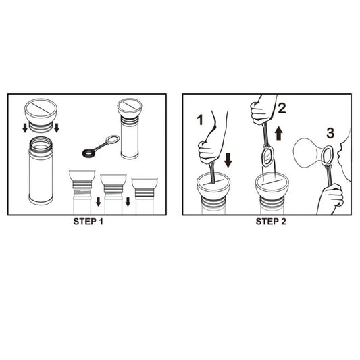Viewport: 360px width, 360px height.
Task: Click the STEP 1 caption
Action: [x=88, y=222]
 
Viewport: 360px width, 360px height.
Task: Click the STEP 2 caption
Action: [x=271, y=222]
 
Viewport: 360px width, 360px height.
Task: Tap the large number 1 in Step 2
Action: [x=200, y=120]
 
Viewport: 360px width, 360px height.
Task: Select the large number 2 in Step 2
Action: [x=282, y=108]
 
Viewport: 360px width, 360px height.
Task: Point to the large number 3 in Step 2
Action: [x=330, y=133]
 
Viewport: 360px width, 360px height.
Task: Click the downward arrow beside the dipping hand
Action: [x=228, y=161]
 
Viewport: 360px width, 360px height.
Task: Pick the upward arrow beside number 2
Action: [x=279, y=133]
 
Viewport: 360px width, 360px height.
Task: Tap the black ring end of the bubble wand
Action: [x=88, y=153]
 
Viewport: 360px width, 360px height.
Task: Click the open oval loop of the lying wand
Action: [x=113, y=140]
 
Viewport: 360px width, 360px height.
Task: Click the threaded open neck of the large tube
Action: [x=41, y=143]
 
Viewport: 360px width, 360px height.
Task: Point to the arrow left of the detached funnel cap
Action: [x=25, y=128]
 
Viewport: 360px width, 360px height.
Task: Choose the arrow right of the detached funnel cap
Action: [x=57, y=128]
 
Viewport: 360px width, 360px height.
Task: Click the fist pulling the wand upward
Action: [x=261, y=113]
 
